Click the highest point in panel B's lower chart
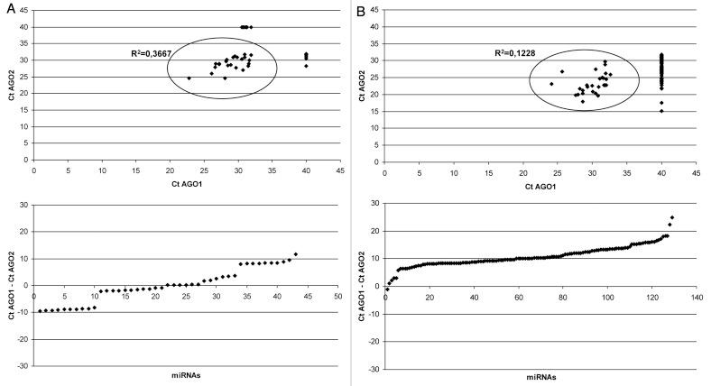click(x=672, y=217)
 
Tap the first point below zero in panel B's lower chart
click(x=387, y=289)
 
